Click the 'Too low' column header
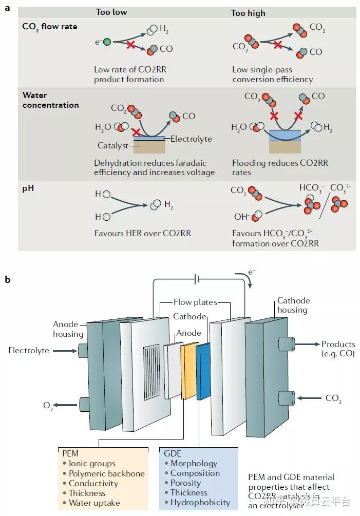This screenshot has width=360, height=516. (111, 12)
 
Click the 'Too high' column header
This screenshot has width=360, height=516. (249, 12)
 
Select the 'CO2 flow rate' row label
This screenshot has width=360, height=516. (50, 26)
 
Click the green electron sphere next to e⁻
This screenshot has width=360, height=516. (107, 42)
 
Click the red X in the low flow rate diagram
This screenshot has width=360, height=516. (131, 45)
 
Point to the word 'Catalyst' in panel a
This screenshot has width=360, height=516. (113, 145)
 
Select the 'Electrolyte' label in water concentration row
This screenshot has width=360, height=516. (191, 139)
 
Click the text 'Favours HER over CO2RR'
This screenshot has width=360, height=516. (142, 233)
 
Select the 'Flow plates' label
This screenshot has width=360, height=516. (195, 302)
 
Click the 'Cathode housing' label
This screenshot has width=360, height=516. (293, 305)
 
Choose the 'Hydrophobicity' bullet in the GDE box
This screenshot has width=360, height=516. (200, 503)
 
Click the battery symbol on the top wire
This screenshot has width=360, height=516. (197, 280)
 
